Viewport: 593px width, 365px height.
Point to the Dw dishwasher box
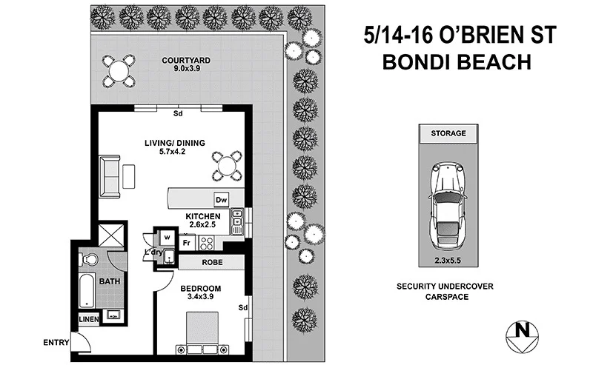click(221, 200)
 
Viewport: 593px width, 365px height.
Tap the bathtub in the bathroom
click(86, 290)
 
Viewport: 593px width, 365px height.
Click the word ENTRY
click(56, 341)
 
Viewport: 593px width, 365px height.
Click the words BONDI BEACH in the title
click(457, 62)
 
